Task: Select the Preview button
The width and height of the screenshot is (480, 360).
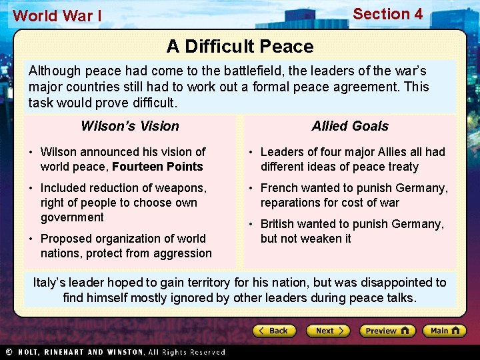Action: [x=387, y=331]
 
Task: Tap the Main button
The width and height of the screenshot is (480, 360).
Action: [x=445, y=331]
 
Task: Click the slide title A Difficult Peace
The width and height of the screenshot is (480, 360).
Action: [x=240, y=47]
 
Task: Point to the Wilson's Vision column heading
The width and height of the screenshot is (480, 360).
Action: [x=130, y=126]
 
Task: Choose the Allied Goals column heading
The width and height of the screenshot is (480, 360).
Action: [x=350, y=126]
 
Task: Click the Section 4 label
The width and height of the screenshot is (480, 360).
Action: [x=387, y=14]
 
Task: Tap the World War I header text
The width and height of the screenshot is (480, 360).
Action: [x=57, y=16]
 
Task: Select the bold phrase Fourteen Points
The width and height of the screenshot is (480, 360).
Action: [x=158, y=167]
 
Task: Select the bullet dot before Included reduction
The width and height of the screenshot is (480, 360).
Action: [x=32, y=189]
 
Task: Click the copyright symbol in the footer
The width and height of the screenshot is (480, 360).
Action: [x=9, y=352]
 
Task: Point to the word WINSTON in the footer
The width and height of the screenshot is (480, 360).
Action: [x=125, y=352]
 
